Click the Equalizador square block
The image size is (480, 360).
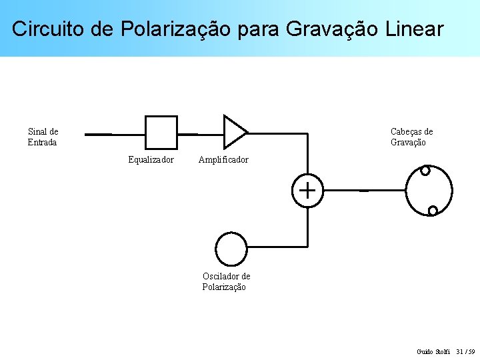tap(161, 132)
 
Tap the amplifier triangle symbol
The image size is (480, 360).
tap(233, 132)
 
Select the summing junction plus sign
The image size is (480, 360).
tap(307, 191)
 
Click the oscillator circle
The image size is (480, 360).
tap(232, 249)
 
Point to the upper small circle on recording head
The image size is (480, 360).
tap(425, 170)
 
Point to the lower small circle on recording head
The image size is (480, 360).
tap(433, 211)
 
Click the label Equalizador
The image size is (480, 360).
tap(151, 160)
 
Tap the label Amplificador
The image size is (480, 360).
tap(223, 160)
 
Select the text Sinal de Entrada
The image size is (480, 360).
tap(43, 137)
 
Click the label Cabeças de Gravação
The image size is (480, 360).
tap(411, 137)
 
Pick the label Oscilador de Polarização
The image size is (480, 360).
tap(226, 282)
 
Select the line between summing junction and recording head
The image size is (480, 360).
tap(360, 191)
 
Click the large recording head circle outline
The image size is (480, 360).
tap(452, 191)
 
